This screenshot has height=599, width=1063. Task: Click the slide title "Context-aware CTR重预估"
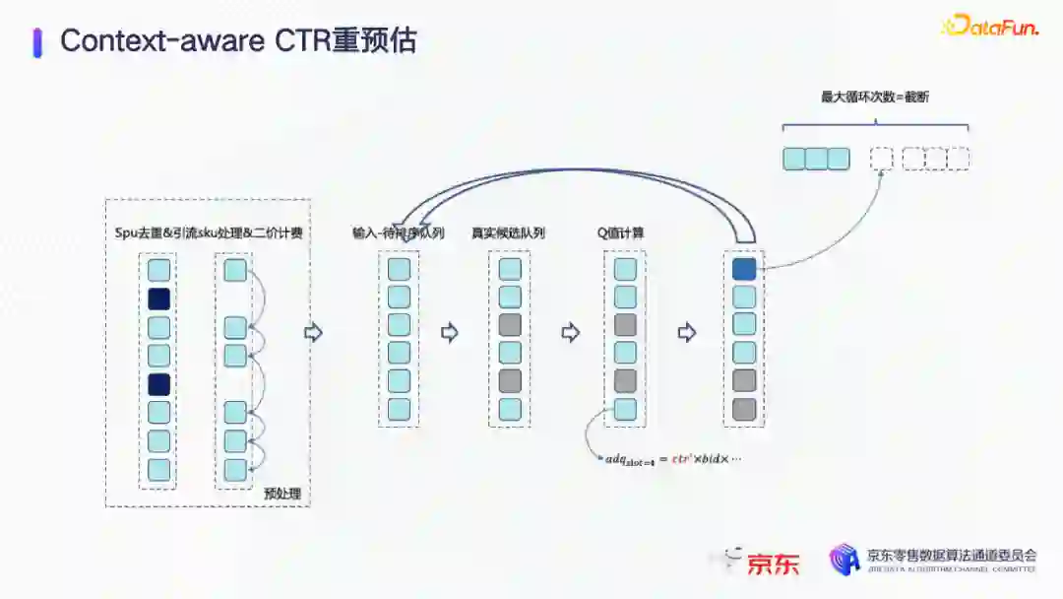[238, 40]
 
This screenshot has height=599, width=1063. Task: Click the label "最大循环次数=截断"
[875, 97]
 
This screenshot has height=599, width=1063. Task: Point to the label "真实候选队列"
[508, 233]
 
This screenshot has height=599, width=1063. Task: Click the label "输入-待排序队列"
[398, 233]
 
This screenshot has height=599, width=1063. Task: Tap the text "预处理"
[281, 493]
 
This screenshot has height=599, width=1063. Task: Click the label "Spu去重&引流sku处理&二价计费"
[208, 233]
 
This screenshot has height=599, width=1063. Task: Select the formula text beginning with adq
[672, 459]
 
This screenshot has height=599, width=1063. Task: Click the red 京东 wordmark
[774, 564]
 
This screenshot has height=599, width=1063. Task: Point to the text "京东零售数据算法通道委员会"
[951, 556]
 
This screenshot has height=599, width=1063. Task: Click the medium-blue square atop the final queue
[744, 268]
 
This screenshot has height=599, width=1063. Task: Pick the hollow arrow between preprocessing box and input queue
[314, 333]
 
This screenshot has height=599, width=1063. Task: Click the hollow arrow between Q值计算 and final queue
[687, 333]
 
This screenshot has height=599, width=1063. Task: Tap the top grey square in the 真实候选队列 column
[509, 324]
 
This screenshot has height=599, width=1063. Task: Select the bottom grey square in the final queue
[744, 409]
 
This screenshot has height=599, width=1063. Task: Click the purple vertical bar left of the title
[37, 42]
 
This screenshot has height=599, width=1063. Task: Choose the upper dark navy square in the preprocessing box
[158, 299]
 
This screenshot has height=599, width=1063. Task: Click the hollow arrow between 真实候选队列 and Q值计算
[570, 333]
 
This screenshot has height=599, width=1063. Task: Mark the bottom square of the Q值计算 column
[625, 409]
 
